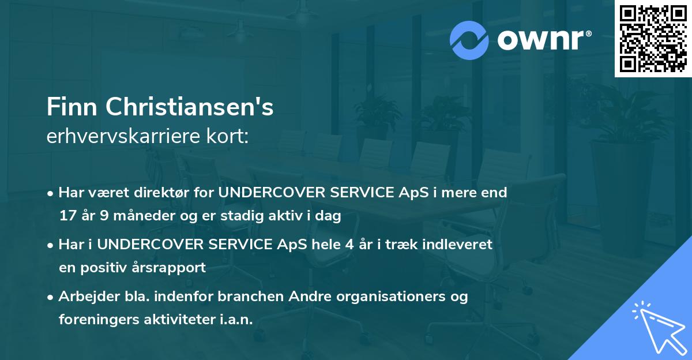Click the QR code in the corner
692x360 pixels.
coord(653,39)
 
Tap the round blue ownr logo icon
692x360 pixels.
coord(469,40)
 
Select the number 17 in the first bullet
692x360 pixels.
coord(67,216)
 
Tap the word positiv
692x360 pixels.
coord(105,268)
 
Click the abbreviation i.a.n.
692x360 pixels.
coord(236,320)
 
